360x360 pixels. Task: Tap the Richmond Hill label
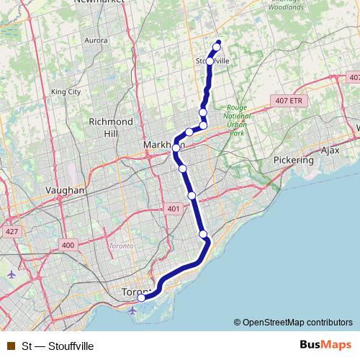pyautogui.click(x=110, y=127)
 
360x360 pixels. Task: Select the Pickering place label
pyautogui.click(x=294, y=160)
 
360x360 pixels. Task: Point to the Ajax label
pyautogui.click(x=330, y=150)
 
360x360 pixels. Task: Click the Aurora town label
pyautogui.click(x=96, y=41)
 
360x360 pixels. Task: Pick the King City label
pyautogui.click(x=66, y=91)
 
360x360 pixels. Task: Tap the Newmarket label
pyautogui.click(x=99, y=3)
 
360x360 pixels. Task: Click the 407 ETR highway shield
pyautogui.click(x=288, y=101)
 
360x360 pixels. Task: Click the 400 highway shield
pyautogui.click(x=68, y=246)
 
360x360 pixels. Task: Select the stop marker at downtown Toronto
pyautogui.click(x=141, y=297)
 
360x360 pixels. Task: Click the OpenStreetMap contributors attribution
pyautogui.click(x=297, y=322)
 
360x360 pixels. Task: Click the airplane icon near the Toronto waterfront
pyautogui.click(x=133, y=310)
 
